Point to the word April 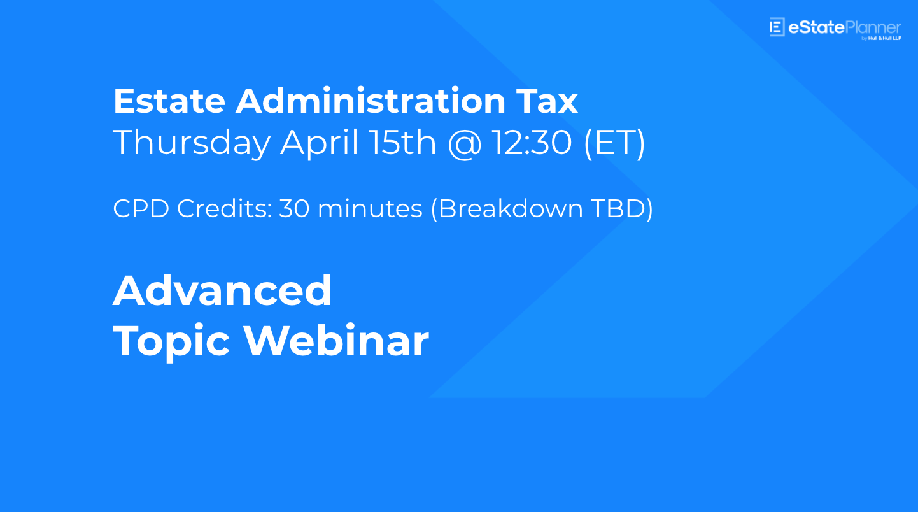(320, 142)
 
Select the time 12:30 (532, 142)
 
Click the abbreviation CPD (141, 209)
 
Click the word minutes (370, 209)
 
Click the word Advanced (223, 290)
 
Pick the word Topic (171, 342)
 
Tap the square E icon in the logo (777, 27)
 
